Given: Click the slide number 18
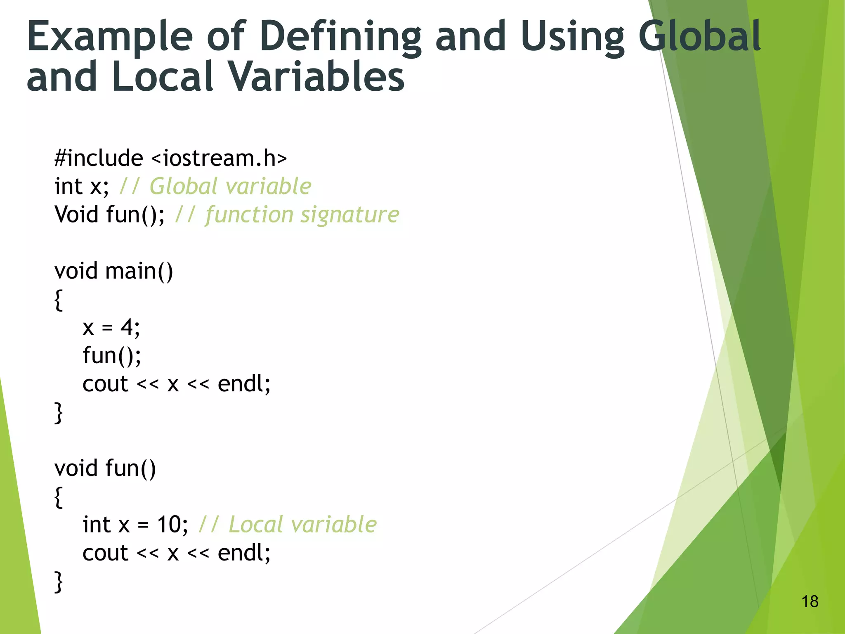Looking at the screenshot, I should (810, 601).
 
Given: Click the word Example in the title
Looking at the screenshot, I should (110, 37).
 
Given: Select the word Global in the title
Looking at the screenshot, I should (700, 37).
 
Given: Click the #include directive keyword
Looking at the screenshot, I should (99, 158).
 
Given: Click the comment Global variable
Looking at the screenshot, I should (230, 187).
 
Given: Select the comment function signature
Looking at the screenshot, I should (302, 215).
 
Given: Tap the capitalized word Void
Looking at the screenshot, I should (77, 215).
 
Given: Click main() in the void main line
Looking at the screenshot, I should (139, 272).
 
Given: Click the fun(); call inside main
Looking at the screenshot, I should (111, 356).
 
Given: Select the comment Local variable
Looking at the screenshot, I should (302, 525).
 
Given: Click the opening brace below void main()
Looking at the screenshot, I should (59, 300).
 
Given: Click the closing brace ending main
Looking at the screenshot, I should (59, 413).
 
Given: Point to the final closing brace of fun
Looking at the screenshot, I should (59, 582).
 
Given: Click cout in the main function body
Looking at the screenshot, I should (105, 384).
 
